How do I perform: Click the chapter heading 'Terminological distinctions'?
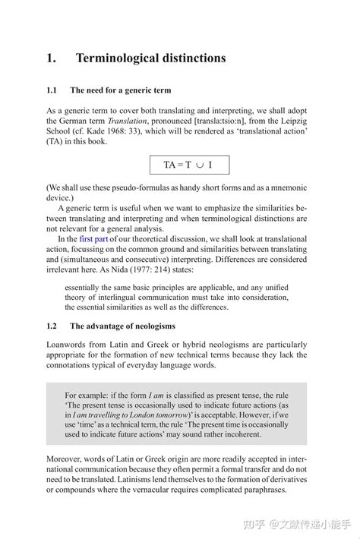(150, 58)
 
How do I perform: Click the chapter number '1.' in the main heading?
(52, 58)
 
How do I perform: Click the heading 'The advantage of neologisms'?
(122, 326)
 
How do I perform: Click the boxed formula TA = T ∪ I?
(188, 165)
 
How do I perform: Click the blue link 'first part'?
(95, 238)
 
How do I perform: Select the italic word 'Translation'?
(127, 121)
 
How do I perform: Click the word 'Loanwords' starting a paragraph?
(68, 343)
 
